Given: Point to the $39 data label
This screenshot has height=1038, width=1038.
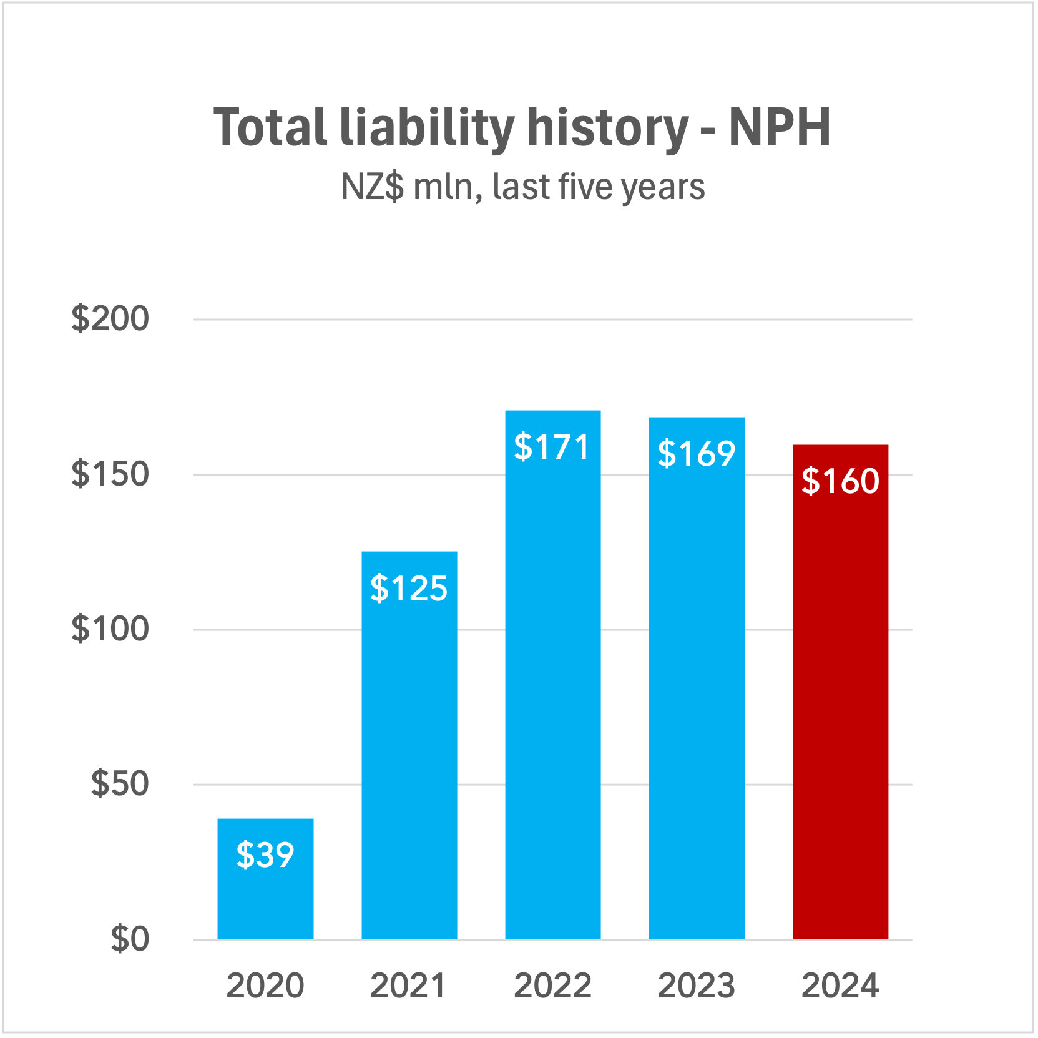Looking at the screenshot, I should (265, 854).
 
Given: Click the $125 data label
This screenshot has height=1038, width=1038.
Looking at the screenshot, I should (409, 588).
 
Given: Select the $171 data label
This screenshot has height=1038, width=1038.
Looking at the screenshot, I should (552, 447).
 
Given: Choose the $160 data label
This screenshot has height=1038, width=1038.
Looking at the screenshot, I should (840, 481).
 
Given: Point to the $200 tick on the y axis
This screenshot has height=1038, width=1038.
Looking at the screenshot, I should (110, 318).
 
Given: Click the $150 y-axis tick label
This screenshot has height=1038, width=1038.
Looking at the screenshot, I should (110, 474).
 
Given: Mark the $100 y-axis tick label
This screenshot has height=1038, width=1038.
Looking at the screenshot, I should (110, 629).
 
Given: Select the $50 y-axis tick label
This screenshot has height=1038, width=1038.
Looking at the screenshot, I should (120, 783).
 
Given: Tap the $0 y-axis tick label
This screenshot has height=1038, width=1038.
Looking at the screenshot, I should (130, 938).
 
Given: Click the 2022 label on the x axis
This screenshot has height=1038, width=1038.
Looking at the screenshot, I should (552, 986).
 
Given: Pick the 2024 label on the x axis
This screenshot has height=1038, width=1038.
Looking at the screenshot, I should (840, 986).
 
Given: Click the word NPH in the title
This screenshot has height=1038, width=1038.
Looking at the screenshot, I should (780, 127).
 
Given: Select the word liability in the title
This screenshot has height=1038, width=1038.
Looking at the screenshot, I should (427, 129).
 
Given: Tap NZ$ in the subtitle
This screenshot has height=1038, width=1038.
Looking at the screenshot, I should (373, 187).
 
